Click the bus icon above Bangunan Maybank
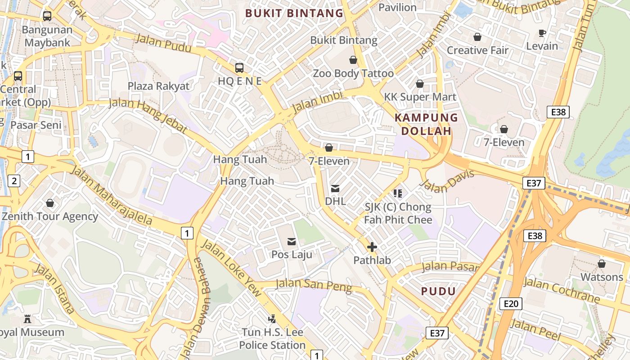(x=47, y=16)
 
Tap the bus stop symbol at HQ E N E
(x=239, y=68)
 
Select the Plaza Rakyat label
(x=158, y=86)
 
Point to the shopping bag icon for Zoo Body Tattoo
(x=353, y=60)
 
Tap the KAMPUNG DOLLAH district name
(x=426, y=124)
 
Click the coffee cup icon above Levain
(x=542, y=33)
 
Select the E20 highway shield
(x=511, y=304)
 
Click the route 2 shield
(x=14, y=181)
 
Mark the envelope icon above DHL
(x=335, y=188)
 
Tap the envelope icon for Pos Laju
(x=292, y=242)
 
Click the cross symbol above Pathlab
(x=372, y=247)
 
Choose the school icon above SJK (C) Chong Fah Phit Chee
(x=397, y=193)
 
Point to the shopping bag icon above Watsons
(x=602, y=263)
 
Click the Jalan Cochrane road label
(x=561, y=290)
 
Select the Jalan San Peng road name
(x=313, y=285)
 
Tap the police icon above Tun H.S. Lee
(x=272, y=319)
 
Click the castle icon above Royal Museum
(x=28, y=319)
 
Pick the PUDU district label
(x=438, y=291)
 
